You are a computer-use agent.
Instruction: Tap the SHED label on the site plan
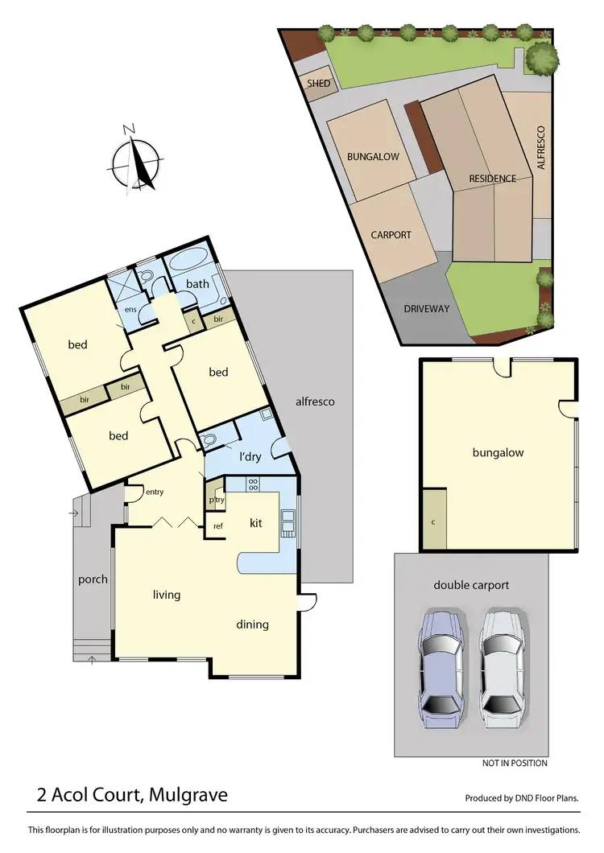click(314, 83)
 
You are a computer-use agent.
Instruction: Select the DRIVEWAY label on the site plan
click(427, 309)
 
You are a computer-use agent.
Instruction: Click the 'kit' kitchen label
click(256, 523)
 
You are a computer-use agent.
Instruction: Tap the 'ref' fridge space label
click(217, 526)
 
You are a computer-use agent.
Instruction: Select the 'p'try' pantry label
click(215, 499)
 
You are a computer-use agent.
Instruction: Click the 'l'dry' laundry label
click(252, 457)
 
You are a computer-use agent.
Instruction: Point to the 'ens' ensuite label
click(130, 309)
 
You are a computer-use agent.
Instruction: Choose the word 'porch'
click(93, 579)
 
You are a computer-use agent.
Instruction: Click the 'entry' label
click(154, 492)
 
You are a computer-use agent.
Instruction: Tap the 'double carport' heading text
click(471, 585)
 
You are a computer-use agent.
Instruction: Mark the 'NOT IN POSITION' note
click(515, 763)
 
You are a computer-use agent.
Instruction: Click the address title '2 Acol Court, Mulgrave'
click(132, 795)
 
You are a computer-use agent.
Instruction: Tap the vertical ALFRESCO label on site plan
click(541, 146)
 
